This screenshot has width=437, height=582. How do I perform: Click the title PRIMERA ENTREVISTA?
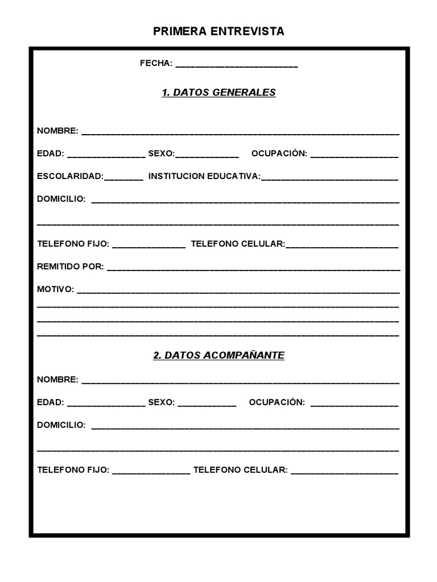[x=218, y=32]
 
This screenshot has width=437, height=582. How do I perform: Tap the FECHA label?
[x=156, y=64]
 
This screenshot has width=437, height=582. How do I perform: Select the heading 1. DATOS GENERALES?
[x=218, y=93]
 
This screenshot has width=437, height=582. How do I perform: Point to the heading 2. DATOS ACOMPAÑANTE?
[x=218, y=355]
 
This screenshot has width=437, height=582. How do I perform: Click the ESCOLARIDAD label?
[x=71, y=176]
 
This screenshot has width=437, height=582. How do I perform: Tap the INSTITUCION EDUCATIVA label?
[x=204, y=176]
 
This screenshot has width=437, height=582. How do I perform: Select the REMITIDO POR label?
[x=71, y=267]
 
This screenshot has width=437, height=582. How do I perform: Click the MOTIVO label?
[x=56, y=289]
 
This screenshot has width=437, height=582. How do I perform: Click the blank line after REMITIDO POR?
[x=253, y=269]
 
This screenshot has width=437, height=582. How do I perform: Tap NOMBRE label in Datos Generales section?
[x=57, y=131]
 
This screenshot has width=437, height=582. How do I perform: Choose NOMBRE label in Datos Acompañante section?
[x=57, y=379]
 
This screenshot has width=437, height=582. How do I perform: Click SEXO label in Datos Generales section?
[x=162, y=153]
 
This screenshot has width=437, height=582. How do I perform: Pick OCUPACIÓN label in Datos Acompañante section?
[x=277, y=402]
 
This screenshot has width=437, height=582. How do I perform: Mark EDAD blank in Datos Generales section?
[x=106, y=156]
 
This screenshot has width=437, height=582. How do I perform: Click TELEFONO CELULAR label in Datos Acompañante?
[x=241, y=470]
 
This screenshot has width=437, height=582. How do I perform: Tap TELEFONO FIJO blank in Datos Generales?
[x=149, y=246]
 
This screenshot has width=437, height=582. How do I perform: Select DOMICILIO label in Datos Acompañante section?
[x=61, y=425]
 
